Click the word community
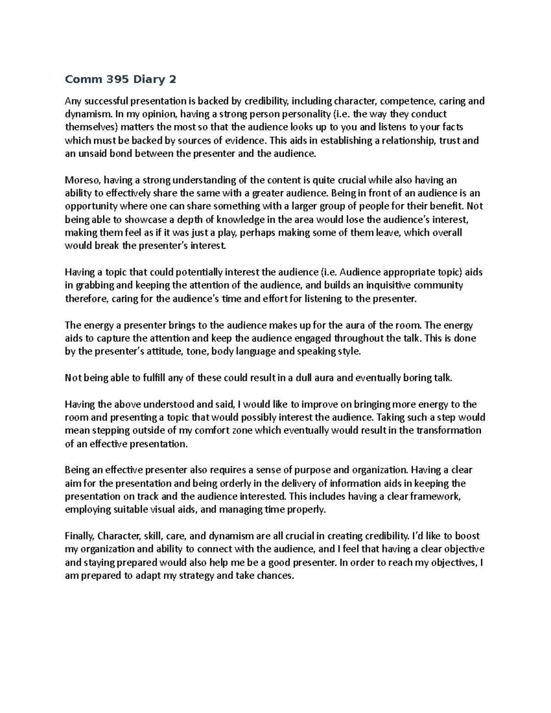(x=440, y=285)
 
